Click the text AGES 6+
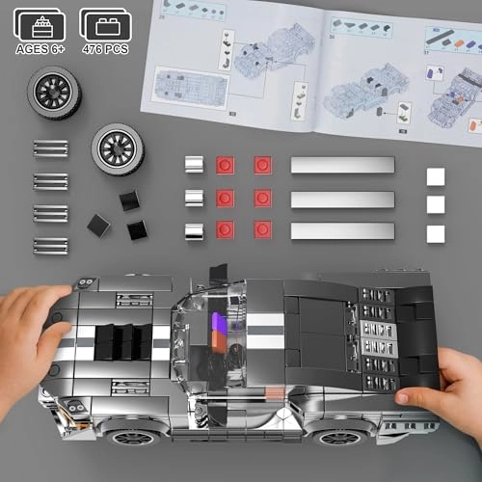tap(40, 47)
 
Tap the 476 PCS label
tap(105, 47)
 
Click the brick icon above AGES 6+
tap(40, 21)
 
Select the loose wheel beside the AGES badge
tap(54, 93)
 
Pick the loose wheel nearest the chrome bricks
tap(118, 149)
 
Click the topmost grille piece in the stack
tap(50, 148)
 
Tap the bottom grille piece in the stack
tap(50, 246)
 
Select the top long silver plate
tap(342, 165)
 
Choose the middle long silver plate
tap(342, 199)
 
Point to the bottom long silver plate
tap(342, 231)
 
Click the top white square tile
tap(436, 176)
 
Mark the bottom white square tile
tap(436, 234)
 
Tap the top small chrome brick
tap(194, 165)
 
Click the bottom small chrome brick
tap(194, 231)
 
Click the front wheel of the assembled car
tap(133, 435)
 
